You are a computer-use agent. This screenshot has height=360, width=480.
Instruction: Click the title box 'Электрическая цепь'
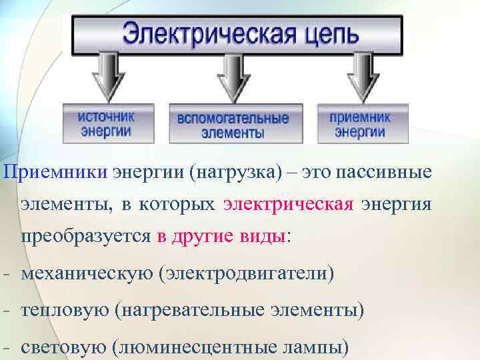coord(237,34)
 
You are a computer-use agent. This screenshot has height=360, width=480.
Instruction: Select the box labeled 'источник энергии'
coord(107,123)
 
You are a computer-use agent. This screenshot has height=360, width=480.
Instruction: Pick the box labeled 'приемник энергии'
coord(360,123)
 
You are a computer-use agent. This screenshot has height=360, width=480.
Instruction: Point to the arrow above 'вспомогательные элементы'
coord(233,77)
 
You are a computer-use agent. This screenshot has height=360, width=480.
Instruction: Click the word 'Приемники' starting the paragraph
coord(55,173)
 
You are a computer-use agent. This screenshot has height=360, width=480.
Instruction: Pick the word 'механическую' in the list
coord(86,274)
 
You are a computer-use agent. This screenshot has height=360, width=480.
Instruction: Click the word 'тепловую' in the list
coord(63,311)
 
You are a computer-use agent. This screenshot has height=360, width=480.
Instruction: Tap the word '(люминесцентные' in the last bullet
coord(193,347)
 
